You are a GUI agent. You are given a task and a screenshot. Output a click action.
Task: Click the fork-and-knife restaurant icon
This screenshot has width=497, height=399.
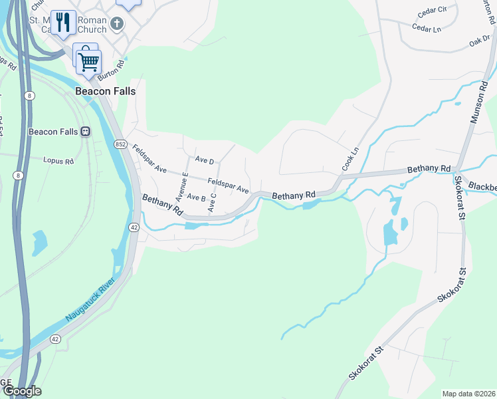pos(63,23)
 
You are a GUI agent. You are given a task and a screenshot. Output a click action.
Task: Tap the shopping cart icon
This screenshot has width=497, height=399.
pos(88,61)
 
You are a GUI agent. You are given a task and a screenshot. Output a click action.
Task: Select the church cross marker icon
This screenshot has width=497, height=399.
pos(117,25)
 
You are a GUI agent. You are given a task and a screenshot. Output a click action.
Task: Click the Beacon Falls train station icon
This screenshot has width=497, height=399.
pos(86,131)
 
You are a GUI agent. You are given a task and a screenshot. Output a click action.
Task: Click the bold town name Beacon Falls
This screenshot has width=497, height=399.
pos(105,91)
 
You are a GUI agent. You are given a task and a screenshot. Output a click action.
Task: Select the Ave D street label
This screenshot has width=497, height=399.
pos(205,161)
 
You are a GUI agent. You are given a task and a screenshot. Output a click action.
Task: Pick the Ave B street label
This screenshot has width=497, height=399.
pos(196,197)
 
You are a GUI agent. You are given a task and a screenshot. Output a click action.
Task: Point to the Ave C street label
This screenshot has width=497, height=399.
pos(213,203)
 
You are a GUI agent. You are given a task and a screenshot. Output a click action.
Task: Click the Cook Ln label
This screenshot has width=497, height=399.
pos(350,159)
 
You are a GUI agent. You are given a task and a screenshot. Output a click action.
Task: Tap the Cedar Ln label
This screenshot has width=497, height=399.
pos(427,29)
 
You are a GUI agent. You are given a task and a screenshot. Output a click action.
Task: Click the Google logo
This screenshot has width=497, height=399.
pos(22,391)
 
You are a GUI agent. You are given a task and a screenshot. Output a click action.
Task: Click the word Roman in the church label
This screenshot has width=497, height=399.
pos(92,20)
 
